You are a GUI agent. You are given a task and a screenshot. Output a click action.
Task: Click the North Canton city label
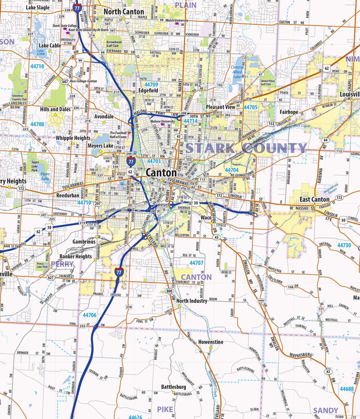pos(124,11)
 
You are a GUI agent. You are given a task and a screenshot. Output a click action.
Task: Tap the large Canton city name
pos(162,172)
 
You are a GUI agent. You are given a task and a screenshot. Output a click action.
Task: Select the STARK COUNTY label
pos(246,148)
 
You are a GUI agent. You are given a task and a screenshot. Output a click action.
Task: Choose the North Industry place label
pos(192,301)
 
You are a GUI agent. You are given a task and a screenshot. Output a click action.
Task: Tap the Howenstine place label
pos(210,342)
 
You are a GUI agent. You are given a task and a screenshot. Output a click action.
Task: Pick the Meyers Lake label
pos(100,146)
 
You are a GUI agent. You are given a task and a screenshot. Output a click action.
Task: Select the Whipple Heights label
pos(73,138)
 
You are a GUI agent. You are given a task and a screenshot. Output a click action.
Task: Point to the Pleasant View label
pos(221,107)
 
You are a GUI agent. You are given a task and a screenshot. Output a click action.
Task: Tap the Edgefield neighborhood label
pos(149,91)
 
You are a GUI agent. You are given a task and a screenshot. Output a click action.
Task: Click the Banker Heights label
pos(75,256)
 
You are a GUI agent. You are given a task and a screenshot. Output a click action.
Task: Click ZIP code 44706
pos(89,315)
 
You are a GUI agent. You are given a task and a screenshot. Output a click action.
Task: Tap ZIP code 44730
pos(344,245)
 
